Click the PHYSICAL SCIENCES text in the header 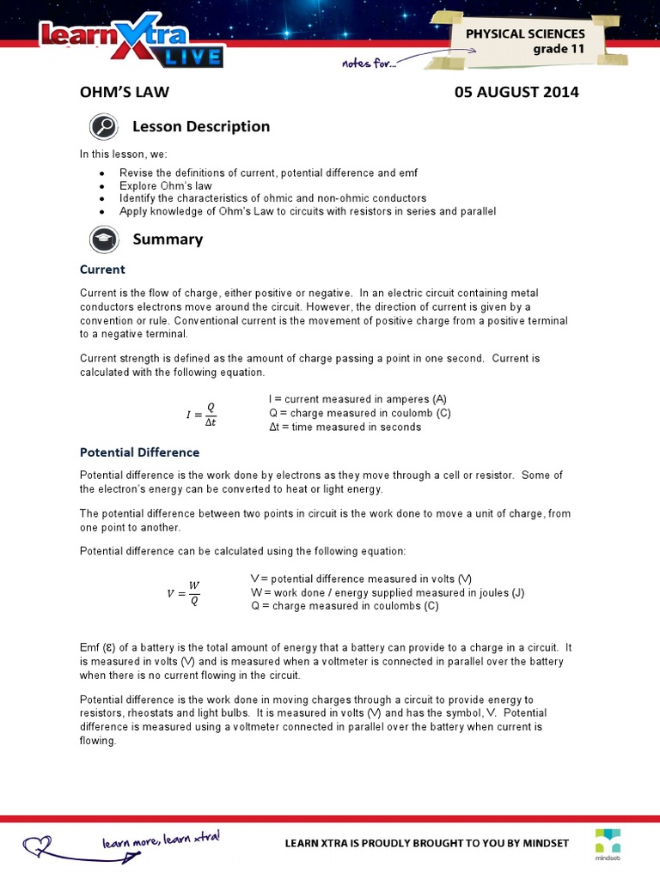[525, 33]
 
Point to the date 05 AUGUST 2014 [516, 92]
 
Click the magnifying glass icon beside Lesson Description [103, 127]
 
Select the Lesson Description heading [201, 126]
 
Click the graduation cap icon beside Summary [103, 239]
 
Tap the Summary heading [168, 239]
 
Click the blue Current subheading [102, 270]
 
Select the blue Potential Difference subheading [139, 452]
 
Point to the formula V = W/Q [183, 593]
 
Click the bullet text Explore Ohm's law [166, 185]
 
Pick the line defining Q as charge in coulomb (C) [359, 413]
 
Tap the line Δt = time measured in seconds [345, 427]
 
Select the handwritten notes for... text [369, 62]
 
